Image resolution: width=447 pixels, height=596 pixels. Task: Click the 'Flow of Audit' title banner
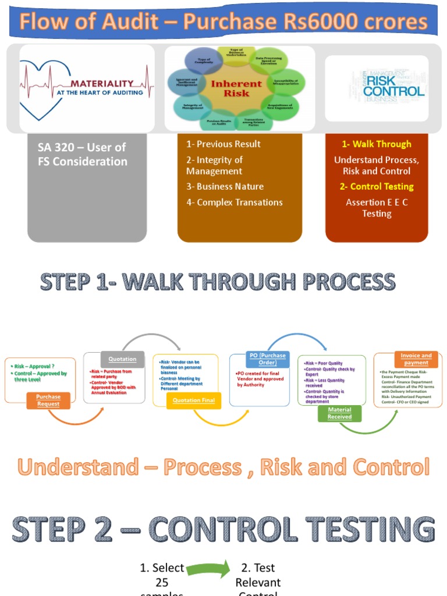coord(223,22)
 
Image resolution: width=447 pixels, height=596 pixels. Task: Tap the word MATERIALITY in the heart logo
coord(101,83)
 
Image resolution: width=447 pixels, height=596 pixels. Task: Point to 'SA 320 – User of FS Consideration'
coord(82,155)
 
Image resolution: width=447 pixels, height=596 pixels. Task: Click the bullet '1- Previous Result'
coord(223,144)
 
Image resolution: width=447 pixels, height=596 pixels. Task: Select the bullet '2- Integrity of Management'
coord(214,165)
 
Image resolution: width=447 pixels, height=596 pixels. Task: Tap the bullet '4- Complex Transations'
coord(234,202)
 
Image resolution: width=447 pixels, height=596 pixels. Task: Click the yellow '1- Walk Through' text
coord(377,144)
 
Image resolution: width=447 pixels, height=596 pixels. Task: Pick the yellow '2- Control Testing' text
coord(377,186)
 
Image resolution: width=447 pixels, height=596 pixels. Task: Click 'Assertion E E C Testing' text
coord(377,208)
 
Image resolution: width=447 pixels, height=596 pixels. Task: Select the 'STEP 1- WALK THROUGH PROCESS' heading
coord(217,282)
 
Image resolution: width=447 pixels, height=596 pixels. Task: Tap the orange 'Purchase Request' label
coord(48,400)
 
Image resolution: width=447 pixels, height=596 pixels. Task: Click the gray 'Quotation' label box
coord(122,359)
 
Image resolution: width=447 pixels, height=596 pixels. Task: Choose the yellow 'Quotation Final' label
coord(194,400)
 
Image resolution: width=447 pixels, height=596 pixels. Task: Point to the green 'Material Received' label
coord(339,413)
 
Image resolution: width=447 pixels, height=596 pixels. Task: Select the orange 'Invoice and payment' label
coord(416,359)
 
